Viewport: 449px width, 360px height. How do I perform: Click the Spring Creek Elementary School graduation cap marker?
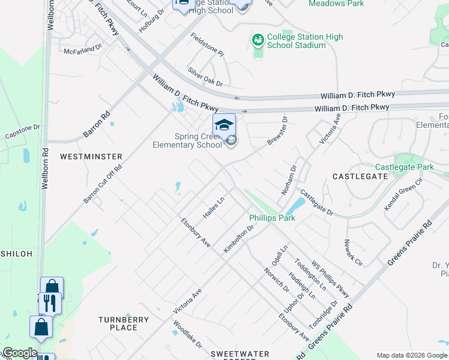point(224,125)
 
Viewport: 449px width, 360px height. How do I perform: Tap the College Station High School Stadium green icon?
point(258,41)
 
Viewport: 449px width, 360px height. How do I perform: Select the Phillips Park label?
point(273,218)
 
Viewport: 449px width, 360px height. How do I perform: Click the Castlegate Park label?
point(405,167)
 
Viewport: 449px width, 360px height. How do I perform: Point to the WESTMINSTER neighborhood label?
point(91,157)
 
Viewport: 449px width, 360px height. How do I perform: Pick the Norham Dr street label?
point(289,181)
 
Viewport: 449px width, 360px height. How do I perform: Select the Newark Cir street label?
point(354,253)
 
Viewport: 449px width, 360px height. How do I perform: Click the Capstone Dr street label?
point(22,131)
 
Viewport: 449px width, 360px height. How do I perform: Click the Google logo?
point(20,353)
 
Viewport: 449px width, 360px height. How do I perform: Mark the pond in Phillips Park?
point(294,206)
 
